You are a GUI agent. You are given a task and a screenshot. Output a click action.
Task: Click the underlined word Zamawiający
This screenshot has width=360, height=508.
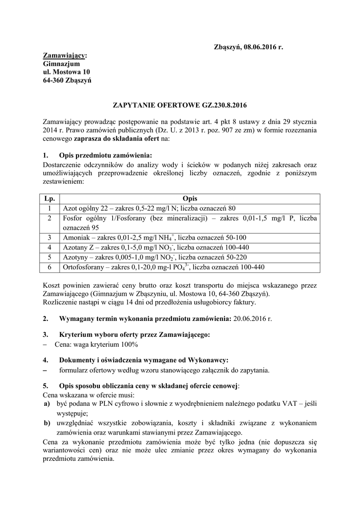click(x=64, y=56)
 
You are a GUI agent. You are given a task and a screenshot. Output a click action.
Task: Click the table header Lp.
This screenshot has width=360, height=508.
click(x=49, y=198)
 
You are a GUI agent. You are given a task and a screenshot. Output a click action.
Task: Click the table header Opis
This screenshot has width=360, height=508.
click(x=189, y=198)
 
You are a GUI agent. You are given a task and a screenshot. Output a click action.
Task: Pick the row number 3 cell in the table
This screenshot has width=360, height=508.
click(x=49, y=238)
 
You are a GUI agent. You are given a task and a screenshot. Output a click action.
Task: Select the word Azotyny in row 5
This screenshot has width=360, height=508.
click(x=75, y=257)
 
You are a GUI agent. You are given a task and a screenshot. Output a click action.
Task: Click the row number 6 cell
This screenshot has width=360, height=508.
click(x=49, y=267)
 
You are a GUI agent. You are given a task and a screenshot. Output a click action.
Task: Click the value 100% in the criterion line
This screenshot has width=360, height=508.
click(x=128, y=344)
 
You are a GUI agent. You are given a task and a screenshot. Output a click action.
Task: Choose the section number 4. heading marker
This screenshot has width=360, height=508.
click(x=46, y=360)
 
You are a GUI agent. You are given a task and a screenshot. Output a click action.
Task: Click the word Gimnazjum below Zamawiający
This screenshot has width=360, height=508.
click(x=58, y=64)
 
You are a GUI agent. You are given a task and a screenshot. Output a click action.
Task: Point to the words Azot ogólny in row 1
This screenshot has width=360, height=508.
click(x=80, y=208)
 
